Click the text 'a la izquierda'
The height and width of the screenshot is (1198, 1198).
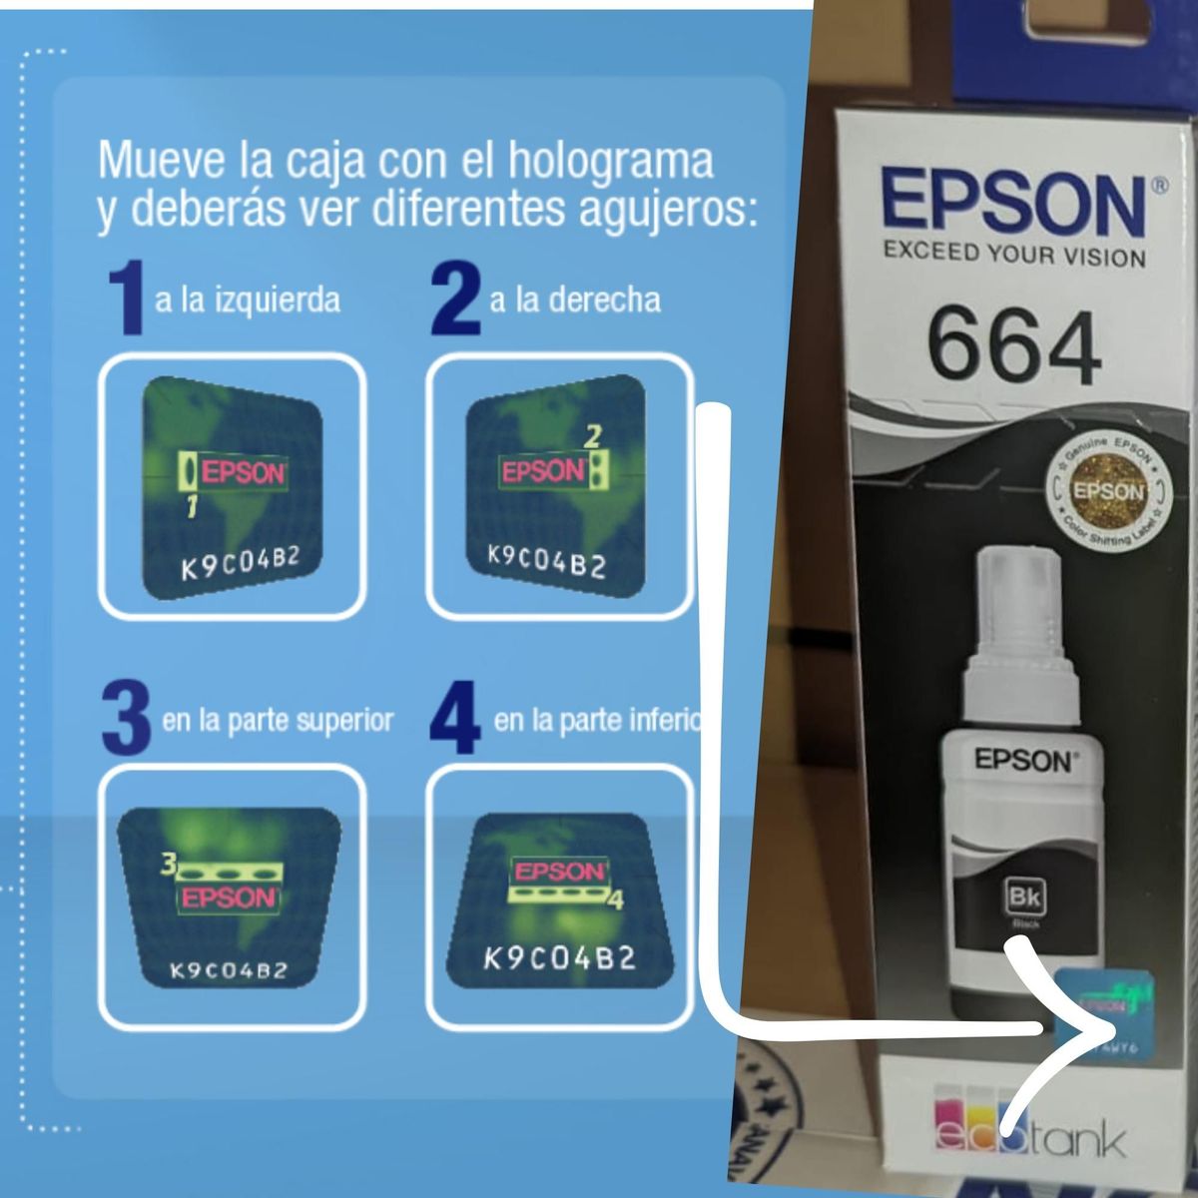click(x=247, y=300)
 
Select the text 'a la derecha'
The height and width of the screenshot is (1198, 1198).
click(x=574, y=300)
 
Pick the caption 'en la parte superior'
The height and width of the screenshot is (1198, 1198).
click(x=278, y=720)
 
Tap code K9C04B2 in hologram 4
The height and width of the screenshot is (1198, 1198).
click(x=559, y=959)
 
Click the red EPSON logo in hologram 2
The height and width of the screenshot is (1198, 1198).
click(x=542, y=471)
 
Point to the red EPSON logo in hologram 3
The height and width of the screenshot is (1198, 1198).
click(x=228, y=898)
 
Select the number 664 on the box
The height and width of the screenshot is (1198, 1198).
click(x=1013, y=347)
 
